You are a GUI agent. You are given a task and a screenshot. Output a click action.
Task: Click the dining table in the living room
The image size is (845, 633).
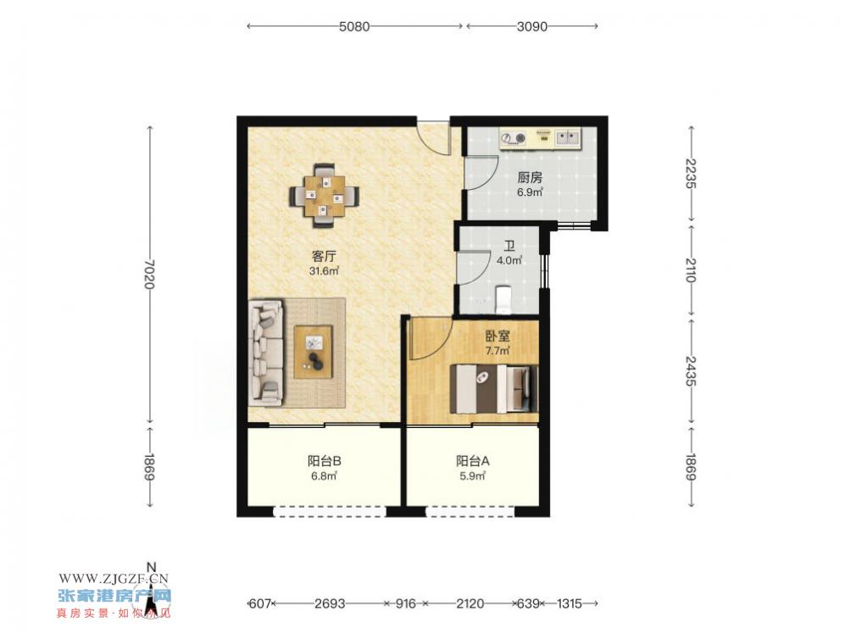(x=325, y=196)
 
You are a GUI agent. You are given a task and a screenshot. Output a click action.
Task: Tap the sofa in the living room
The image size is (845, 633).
(x=265, y=353)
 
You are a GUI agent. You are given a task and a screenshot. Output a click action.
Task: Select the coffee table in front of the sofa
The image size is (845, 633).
(x=313, y=353)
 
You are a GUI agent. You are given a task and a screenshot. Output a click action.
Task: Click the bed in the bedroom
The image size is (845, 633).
(x=494, y=389)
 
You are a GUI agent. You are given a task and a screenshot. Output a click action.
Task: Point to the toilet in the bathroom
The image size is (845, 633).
(x=503, y=299)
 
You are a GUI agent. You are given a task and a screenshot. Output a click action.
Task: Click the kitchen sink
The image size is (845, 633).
(x=567, y=138)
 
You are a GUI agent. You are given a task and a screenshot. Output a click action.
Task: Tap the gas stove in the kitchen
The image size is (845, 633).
(x=513, y=138)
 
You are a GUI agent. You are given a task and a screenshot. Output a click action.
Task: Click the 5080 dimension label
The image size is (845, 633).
(x=354, y=26)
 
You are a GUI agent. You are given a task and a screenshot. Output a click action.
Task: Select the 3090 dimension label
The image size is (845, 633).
(x=532, y=26)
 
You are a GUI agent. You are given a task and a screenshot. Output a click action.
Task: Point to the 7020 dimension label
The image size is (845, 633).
(x=150, y=275)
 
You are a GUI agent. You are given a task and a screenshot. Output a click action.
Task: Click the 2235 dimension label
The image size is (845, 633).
(x=692, y=173)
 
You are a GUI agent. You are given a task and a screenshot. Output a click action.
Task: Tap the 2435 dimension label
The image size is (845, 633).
(x=692, y=370)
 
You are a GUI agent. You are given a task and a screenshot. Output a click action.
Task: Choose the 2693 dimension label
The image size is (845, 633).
(x=330, y=603)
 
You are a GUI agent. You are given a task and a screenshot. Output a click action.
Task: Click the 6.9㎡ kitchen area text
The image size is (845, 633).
(x=530, y=192)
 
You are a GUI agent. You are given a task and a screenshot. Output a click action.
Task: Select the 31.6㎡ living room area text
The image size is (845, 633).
(x=324, y=271)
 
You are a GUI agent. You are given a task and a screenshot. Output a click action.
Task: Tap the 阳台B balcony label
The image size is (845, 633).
(x=324, y=461)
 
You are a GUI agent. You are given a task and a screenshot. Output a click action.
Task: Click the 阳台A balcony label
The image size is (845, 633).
(x=473, y=461)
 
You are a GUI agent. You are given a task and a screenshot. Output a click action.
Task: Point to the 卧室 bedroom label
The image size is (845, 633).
(x=498, y=336)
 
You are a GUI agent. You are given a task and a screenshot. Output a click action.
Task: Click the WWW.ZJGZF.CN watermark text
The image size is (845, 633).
(x=114, y=579)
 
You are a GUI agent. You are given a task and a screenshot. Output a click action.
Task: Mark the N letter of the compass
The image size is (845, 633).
(x=152, y=567)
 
